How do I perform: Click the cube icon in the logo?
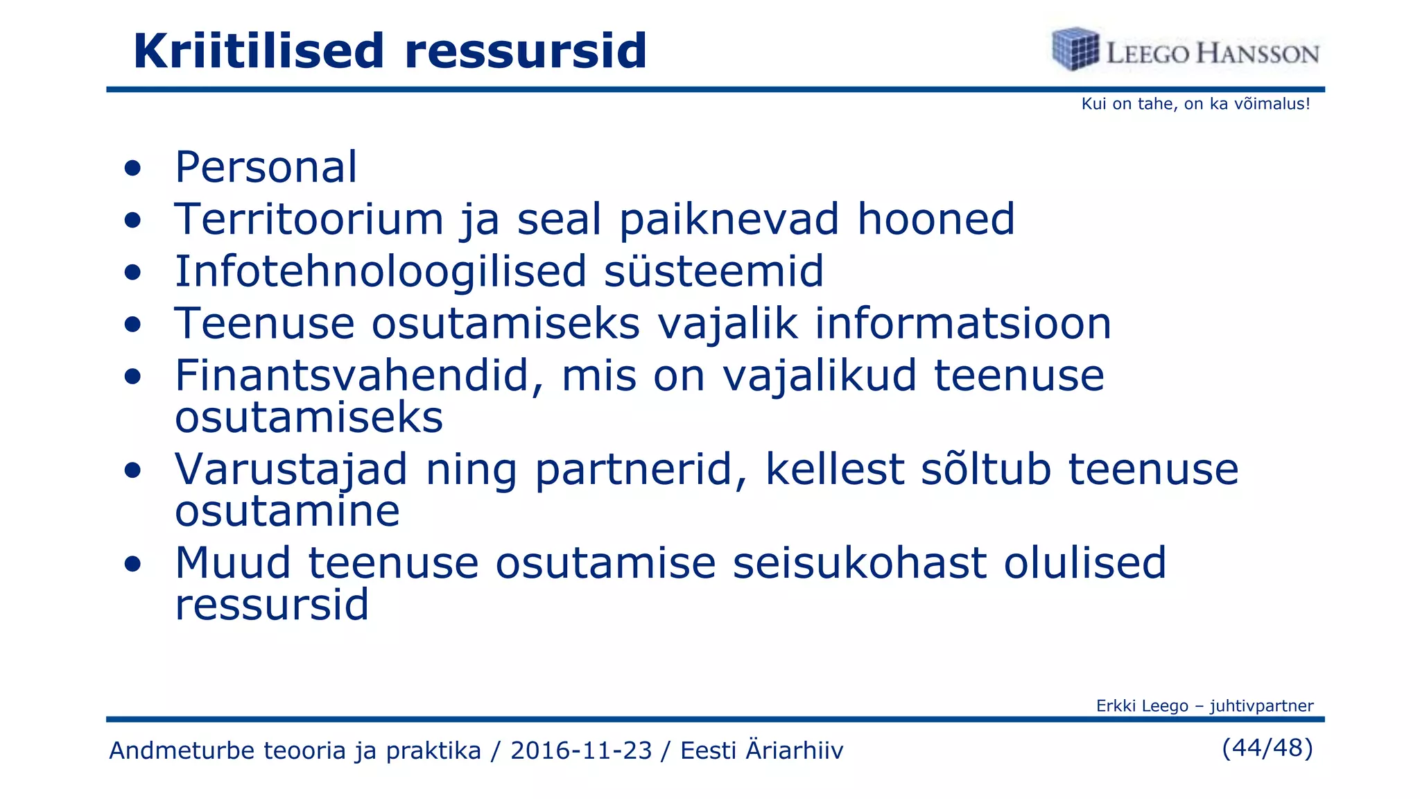point(1075,49)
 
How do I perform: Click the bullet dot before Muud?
point(132,564)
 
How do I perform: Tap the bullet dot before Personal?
point(132,169)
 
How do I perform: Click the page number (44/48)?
point(1267,748)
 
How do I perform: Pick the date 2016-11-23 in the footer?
point(581,750)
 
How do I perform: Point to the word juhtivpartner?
point(1261,706)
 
